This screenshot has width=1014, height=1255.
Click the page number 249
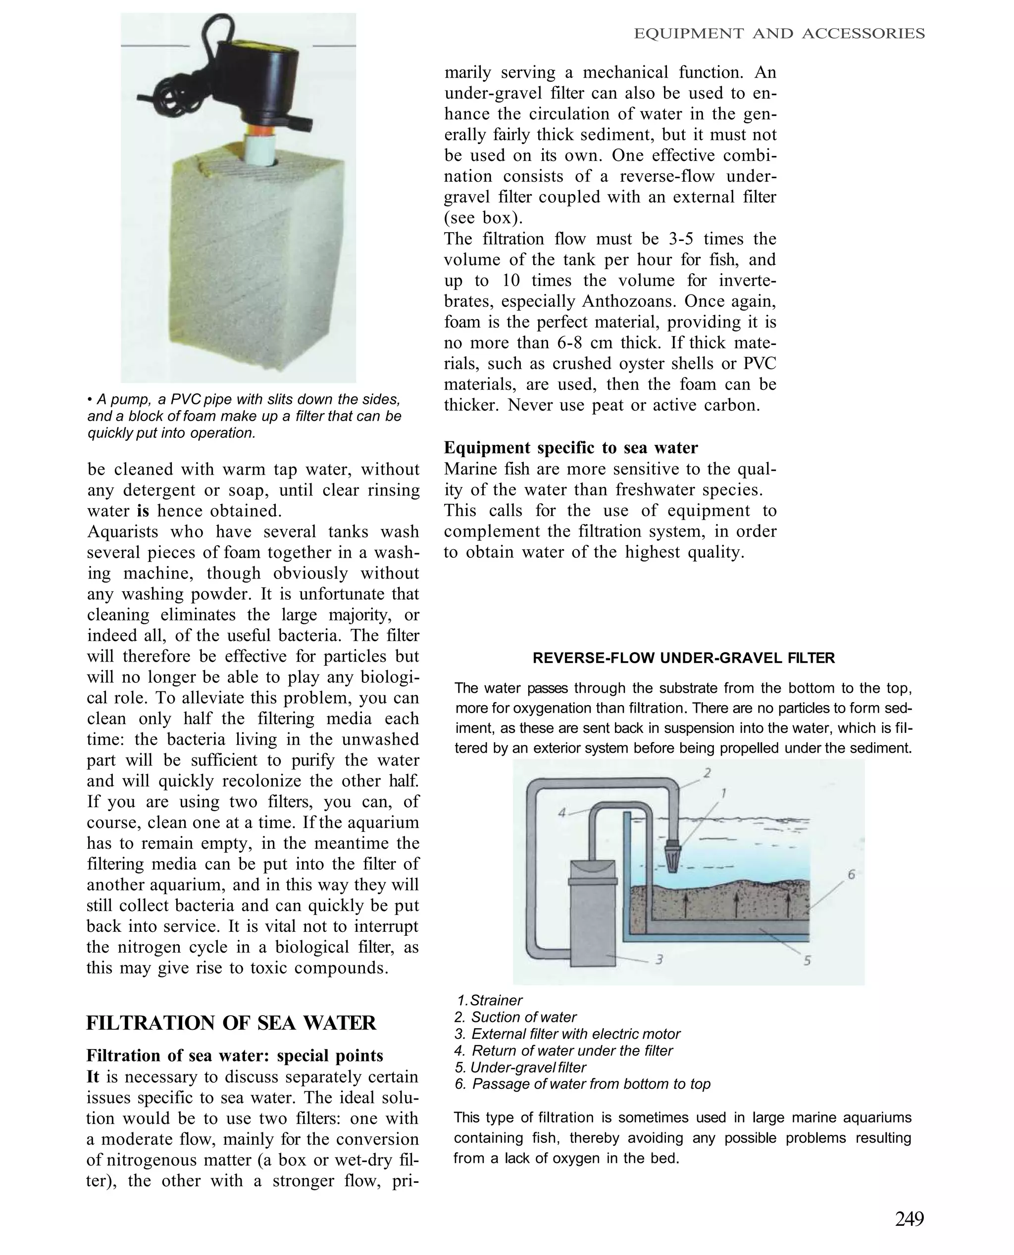coord(910,1219)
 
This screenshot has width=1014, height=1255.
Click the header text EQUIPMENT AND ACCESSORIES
coord(779,34)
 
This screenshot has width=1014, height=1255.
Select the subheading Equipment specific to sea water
coord(571,448)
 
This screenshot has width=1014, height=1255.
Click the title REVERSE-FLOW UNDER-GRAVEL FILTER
coord(683,658)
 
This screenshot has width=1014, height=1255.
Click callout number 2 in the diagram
coord(707,773)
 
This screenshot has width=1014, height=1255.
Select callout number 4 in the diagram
coord(562,812)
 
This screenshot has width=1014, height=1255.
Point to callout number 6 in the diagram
coord(852,874)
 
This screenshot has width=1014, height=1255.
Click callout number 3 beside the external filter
coord(659,959)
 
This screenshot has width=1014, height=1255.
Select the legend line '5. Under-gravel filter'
coord(520,1067)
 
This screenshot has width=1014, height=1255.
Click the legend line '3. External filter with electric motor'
coord(566,1034)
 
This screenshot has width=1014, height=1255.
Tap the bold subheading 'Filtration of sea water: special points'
coord(235,1056)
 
